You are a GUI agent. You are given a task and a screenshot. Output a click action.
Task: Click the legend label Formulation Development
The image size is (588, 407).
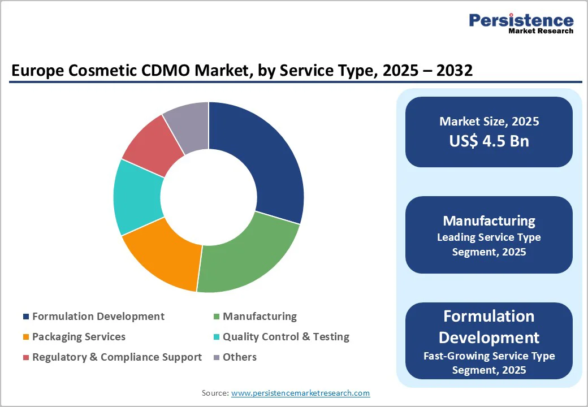(98, 317)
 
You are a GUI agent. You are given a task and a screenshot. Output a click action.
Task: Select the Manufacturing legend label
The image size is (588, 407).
(260, 317)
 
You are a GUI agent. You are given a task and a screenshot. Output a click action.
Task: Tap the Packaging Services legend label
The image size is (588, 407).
(79, 337)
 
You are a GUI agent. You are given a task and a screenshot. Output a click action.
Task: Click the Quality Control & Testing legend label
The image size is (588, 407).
(286, 337)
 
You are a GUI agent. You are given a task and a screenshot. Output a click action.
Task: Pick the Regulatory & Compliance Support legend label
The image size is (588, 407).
(117, 357)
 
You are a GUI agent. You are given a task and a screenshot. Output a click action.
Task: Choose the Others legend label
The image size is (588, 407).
(240, 357)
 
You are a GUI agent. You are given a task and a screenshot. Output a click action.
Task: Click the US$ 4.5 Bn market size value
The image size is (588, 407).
(489, 141)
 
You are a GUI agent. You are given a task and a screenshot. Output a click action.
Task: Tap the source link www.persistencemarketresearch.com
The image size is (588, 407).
(300, 393)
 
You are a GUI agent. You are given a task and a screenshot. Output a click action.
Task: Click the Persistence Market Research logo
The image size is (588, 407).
(521, 23)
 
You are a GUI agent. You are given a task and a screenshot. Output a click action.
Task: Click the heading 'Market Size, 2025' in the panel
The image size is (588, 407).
(489, 122)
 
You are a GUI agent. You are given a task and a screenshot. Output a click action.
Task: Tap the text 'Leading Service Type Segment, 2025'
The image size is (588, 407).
(489, 245)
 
